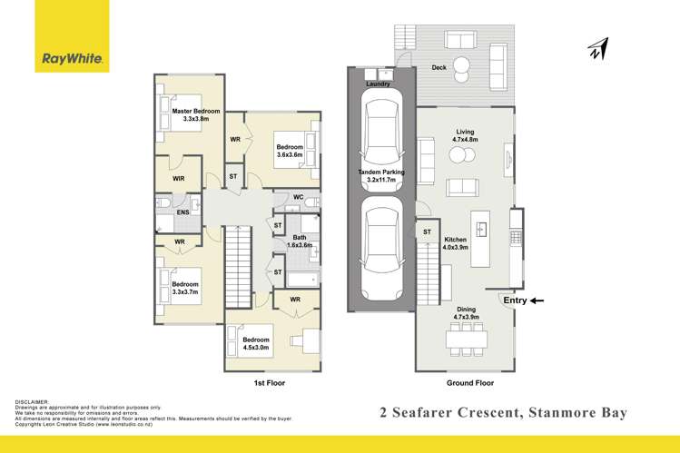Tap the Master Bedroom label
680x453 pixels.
coord(196,115)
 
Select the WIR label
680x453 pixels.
coord(179,179)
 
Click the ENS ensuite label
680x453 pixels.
coord(182,212)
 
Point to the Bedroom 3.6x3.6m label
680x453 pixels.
coord(290,150)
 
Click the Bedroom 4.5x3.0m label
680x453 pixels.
coord(256,343)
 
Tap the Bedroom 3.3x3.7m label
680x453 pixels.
coord(185,289)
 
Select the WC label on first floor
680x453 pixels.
coord(298,197)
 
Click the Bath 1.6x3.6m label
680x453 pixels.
coord(300,241)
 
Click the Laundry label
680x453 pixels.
coord(378,84)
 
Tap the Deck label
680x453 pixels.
coord(439,67)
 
